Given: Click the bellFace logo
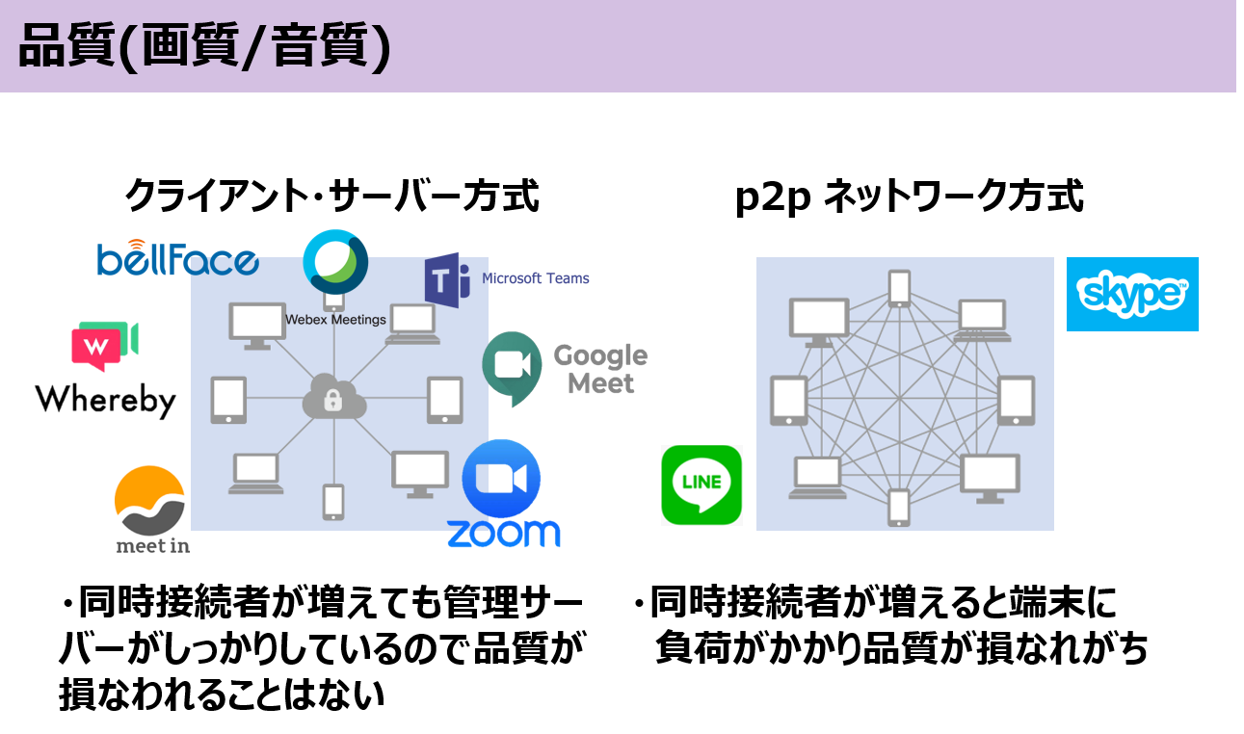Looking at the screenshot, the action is [177, 258].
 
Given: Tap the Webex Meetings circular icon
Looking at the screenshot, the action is [335, 261].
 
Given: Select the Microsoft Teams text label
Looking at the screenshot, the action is [536, 278].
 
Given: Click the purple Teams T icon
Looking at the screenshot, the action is [447, 280].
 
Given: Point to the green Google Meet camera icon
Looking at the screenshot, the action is [512, 368].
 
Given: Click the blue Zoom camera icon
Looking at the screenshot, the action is [501, 479].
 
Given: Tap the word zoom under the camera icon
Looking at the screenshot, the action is [504, 534].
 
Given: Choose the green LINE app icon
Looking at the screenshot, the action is [701, 485].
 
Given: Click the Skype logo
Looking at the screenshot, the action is [1132, 294].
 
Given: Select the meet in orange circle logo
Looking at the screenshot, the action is [149, 501].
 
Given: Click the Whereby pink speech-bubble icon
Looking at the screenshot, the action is [104, 346].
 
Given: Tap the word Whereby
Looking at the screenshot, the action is [106, 401].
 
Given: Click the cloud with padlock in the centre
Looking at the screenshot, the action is [333, 397].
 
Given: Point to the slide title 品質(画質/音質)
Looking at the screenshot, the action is [204, 46].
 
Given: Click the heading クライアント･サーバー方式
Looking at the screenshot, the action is [332, 196].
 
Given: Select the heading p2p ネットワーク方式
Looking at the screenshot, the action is [909, 196].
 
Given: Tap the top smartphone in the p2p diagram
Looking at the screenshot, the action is [899, 288].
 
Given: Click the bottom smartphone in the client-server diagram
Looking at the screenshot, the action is [333, 502].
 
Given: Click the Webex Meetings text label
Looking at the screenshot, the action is [335, 320].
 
